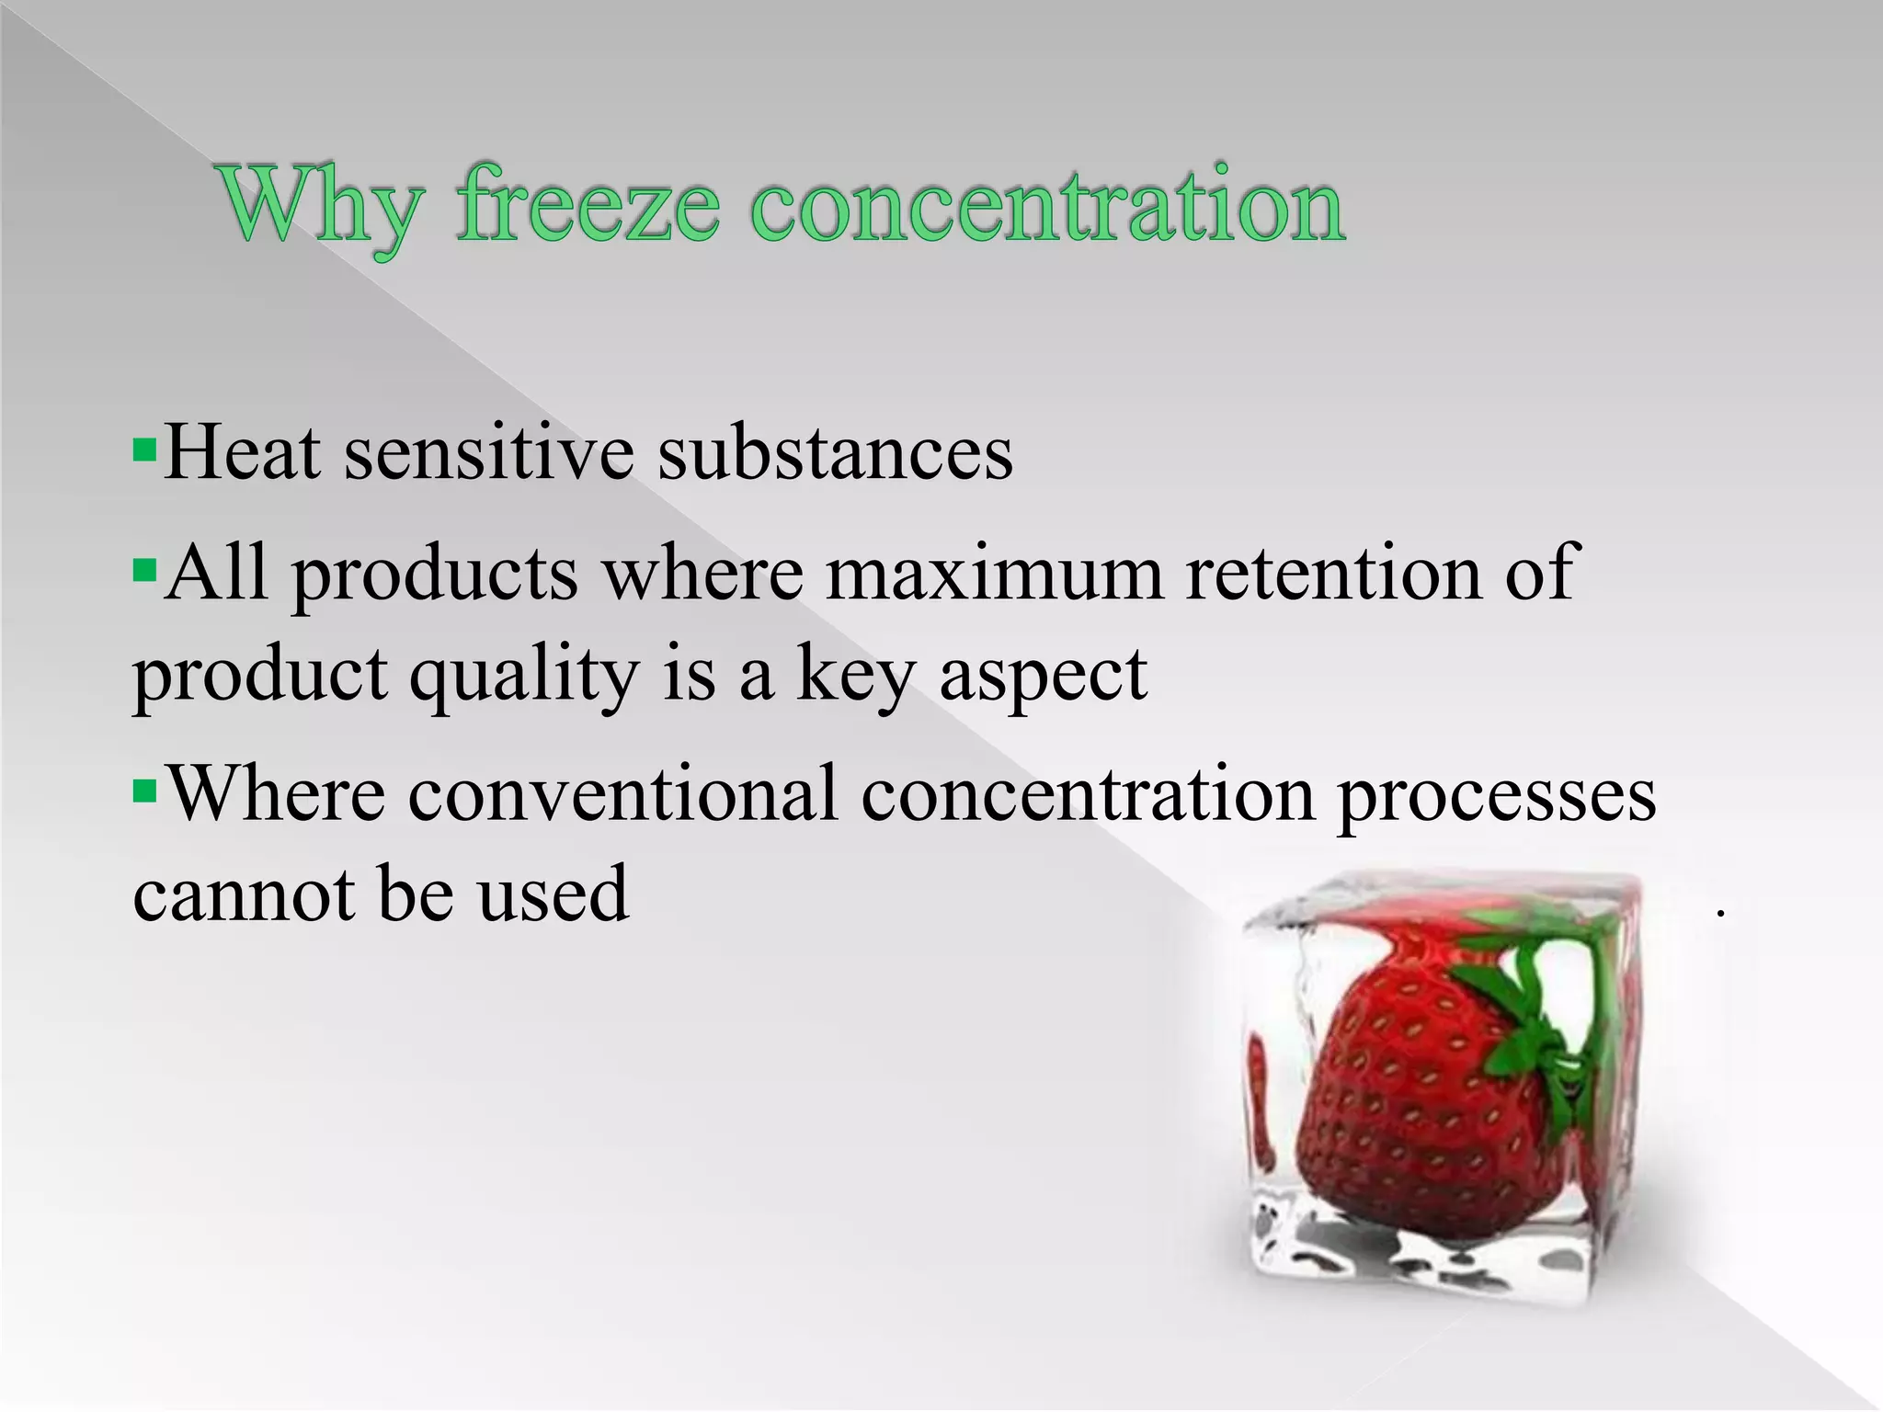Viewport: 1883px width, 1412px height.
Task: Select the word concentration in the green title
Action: (1048, 207)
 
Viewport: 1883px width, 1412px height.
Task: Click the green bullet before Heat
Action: (144, 451)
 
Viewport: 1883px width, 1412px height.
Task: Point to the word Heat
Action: (243, 453)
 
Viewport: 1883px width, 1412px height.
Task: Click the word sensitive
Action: (488, 453)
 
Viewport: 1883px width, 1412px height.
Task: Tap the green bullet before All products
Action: (144, 572)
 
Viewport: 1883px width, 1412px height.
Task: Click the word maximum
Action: (994, 574)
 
